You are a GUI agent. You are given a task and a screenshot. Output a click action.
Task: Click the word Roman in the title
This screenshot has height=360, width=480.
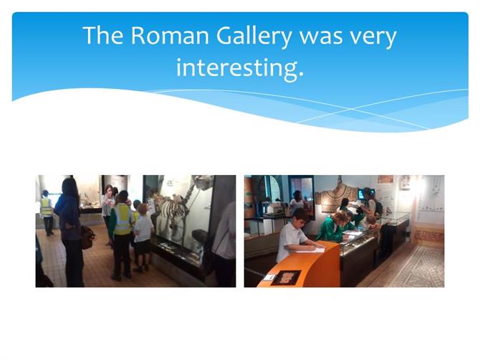[x=170, y=36]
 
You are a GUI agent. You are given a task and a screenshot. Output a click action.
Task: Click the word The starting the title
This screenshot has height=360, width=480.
[x=103, y=35]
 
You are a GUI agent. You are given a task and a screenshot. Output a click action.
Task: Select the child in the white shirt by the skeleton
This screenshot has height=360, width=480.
[x=143, y=237]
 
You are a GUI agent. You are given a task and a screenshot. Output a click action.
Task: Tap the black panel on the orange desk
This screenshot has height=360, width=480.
[x=286, y=278]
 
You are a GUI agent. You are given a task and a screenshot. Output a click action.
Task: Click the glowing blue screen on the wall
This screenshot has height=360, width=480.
[x=366, y=194]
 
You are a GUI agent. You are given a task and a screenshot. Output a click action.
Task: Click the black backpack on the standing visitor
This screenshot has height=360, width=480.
[x=378, y=208]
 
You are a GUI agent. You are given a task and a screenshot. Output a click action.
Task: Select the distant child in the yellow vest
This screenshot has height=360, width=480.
[x=47, y=212]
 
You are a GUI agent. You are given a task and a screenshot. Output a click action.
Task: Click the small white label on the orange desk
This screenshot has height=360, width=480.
[x=269, y=277]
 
